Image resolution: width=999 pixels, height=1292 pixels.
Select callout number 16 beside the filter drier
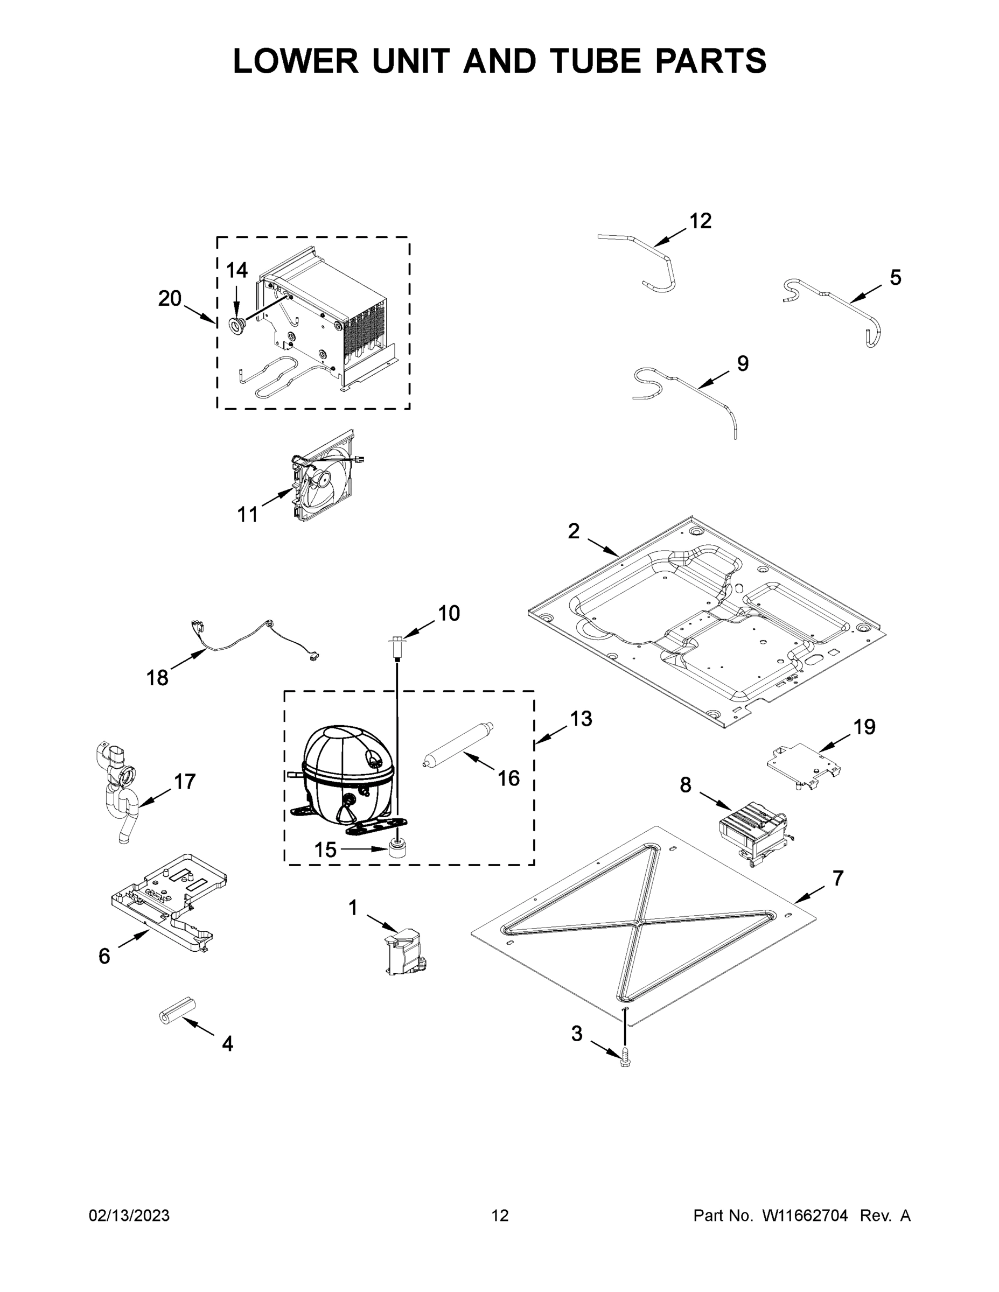508,778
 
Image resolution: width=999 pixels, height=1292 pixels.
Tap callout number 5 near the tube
896,277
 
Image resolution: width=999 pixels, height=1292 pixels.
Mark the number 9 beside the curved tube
743,363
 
